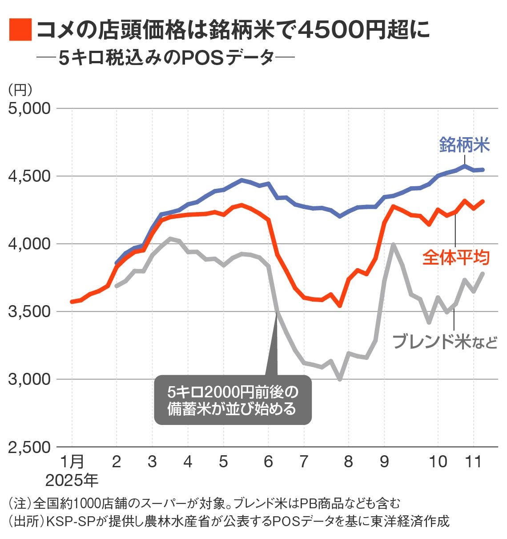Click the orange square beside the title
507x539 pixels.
pos(20,30)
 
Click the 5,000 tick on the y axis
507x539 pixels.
pos(29,109)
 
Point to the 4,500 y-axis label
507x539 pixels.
pos(29,176)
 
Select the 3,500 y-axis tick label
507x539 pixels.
pos(29,312)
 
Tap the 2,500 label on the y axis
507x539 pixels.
pos(29,447)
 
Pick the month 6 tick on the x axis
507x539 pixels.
pos(268,461)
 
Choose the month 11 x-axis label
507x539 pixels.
pos(473,461)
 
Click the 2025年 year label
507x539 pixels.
pos(71,480)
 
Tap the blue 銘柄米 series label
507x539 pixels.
pos(464,145)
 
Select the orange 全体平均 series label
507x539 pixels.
pos(455,257)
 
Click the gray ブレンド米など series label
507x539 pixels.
pos(444,342)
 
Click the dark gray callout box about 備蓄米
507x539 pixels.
pos(233,400)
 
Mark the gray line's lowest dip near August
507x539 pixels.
pos(340,379)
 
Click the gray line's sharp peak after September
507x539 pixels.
pos(393,244)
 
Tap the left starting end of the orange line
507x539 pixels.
pos(72,302)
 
